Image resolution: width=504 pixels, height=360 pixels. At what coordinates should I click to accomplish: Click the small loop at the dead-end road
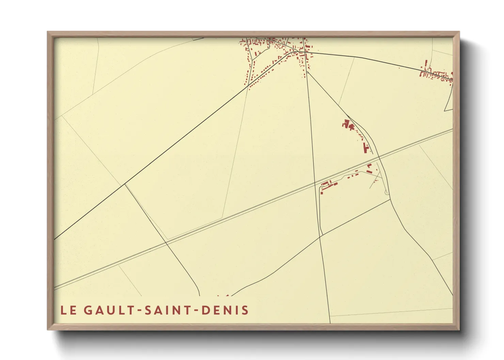[x=386, y=193]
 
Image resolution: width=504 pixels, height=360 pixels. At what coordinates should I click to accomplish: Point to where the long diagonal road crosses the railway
[x=167, y=243]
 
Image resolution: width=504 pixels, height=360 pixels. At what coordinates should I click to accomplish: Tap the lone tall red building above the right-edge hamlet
[x=426, y=64]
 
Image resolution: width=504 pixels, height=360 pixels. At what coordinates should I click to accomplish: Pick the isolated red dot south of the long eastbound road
[x=399, y=68]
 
